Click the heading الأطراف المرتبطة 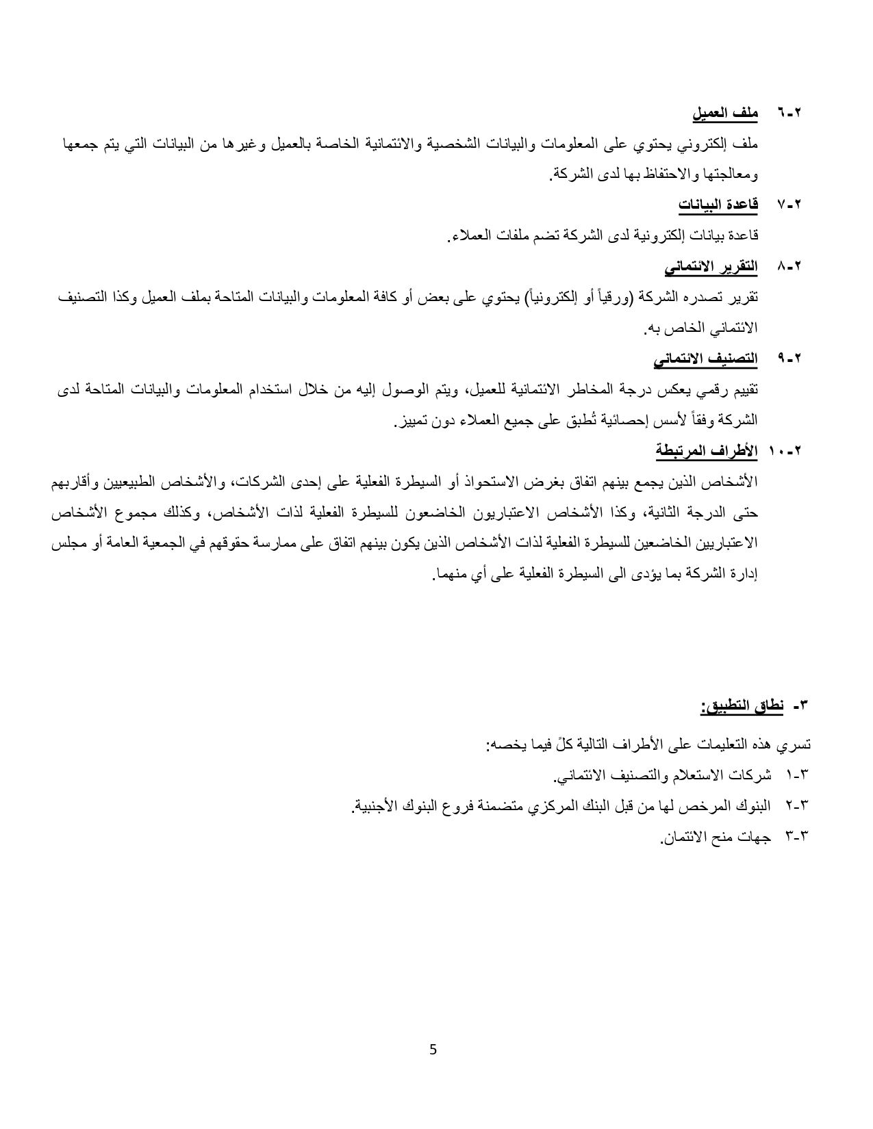coord(706,451)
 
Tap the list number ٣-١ coord(798,775)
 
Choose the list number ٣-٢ coord(798,806)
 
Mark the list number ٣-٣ coord(798,836)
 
